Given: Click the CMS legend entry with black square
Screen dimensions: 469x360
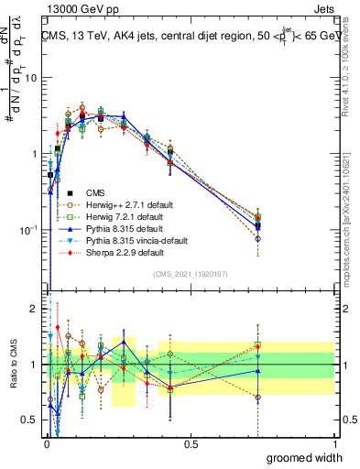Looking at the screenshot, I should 96,192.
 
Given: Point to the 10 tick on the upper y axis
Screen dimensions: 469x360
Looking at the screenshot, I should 32,78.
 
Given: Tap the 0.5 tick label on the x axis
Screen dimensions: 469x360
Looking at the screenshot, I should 190,444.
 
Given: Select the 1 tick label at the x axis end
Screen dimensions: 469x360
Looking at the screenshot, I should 334,444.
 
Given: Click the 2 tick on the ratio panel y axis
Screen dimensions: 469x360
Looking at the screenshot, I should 35,309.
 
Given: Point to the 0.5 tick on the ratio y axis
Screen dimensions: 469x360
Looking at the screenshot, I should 30,420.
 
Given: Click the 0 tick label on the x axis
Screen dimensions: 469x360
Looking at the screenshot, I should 46,444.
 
